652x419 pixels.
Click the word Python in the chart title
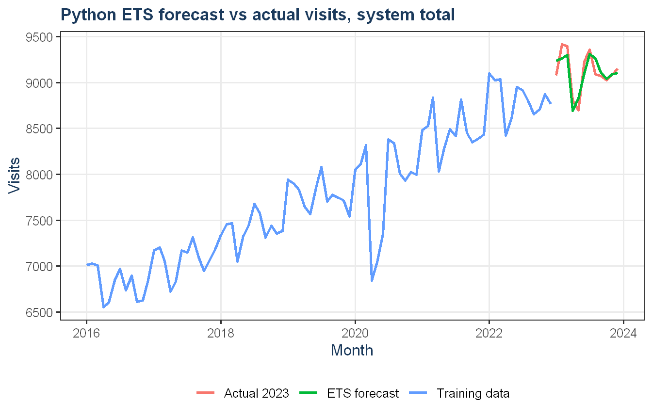point(88,15)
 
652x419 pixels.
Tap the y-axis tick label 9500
point(39,37)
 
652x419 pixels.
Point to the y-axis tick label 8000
point(39,175)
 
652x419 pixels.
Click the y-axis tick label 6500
point(39,312)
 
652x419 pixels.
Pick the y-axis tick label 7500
point(39,221)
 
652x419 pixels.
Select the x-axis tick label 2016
point(86,333)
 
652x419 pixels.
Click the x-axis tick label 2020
point(355,333)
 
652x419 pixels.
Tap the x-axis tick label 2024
point(623,333)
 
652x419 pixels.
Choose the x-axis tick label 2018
point(221,333)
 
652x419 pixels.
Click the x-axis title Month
point(352,350)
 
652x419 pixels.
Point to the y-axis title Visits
point(14,176)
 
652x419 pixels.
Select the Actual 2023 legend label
point(257,393)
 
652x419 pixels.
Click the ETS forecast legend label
point(363,393)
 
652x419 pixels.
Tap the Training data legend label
point(473,393)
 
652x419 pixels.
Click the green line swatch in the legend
point(308,393)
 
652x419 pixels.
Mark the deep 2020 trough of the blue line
point(372,280)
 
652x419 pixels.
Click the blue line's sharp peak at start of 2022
point(489,73)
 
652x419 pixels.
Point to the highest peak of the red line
point(562,44)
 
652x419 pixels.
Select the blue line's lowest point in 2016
point(103,307)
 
